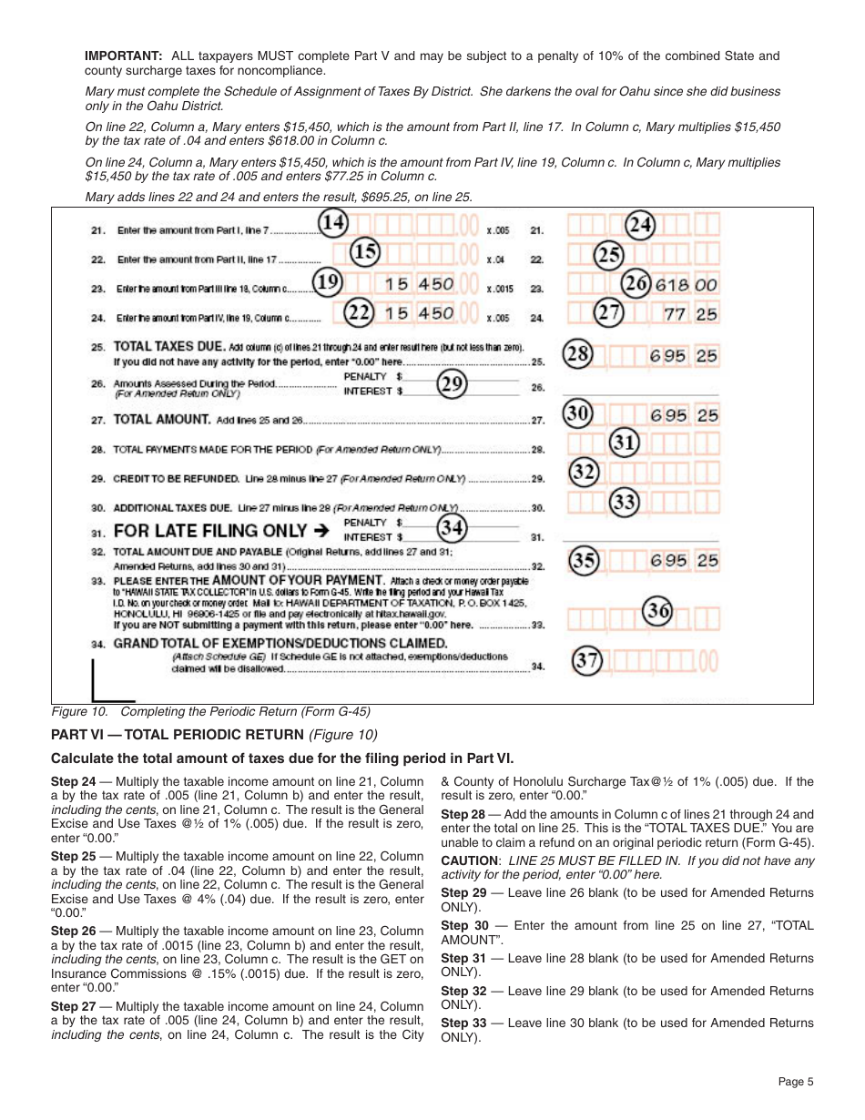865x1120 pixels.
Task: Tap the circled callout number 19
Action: tap(327, 283)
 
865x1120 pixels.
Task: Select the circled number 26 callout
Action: tap(636, 283)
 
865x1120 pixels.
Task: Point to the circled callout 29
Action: tap(452, 383)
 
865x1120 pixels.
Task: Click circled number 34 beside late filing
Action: tap(452, 528)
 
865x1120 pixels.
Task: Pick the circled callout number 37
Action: tap(587, 661)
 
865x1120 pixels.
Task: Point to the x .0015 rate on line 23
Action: tap(499, 290)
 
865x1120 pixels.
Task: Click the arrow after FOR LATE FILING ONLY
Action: tap(320, 530)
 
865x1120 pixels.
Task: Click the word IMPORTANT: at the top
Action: tap(124, 56)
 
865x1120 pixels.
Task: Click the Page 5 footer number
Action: tap(796, 1082)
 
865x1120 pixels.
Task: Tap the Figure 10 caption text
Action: tap(210, 712)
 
